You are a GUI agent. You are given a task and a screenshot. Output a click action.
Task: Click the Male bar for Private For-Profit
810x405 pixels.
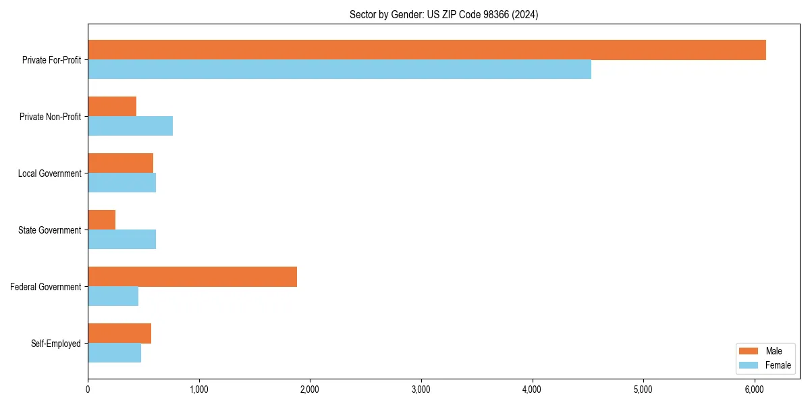(x=427, y=50)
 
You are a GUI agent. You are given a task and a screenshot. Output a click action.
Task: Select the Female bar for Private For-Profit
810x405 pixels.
(x=340, y=70)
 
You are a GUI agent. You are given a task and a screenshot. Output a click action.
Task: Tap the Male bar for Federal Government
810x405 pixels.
(x=192, y=277)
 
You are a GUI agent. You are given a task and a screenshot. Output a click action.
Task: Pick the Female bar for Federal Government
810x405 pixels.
(x=113, y=296)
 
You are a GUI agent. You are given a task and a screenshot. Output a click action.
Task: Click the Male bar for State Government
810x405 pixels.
(x=102, y=220)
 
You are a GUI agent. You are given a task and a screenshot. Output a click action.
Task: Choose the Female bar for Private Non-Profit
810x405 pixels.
(x=130, y=126)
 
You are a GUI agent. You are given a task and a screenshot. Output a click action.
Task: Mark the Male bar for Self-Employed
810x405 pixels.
(x=119, y=333)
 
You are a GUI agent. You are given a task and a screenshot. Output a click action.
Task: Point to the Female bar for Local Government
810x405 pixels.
(x=122, y=183)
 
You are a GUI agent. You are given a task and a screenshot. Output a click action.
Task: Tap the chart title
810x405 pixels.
(x=443, y=14)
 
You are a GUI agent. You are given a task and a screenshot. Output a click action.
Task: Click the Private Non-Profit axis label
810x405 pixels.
(x=50, y=117)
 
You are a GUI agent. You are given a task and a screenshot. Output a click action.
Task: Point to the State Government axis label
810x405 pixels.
(x=49, y=230)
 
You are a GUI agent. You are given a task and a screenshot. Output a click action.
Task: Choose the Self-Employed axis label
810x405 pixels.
(x=55, y=344)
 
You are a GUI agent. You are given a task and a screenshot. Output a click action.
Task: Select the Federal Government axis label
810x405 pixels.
(x=45, y=287)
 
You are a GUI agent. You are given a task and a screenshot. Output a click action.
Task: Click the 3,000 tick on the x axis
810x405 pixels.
(x=421, y=389)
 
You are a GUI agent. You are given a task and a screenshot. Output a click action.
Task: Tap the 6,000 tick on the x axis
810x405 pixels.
(x=755, y=389)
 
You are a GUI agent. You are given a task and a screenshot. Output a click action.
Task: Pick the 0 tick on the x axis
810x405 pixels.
(x=88, y=389)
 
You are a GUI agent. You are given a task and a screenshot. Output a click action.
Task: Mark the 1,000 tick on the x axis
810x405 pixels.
(x=198, y=389)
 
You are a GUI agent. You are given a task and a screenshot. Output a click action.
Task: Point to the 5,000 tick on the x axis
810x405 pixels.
(x=643, y=389)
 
